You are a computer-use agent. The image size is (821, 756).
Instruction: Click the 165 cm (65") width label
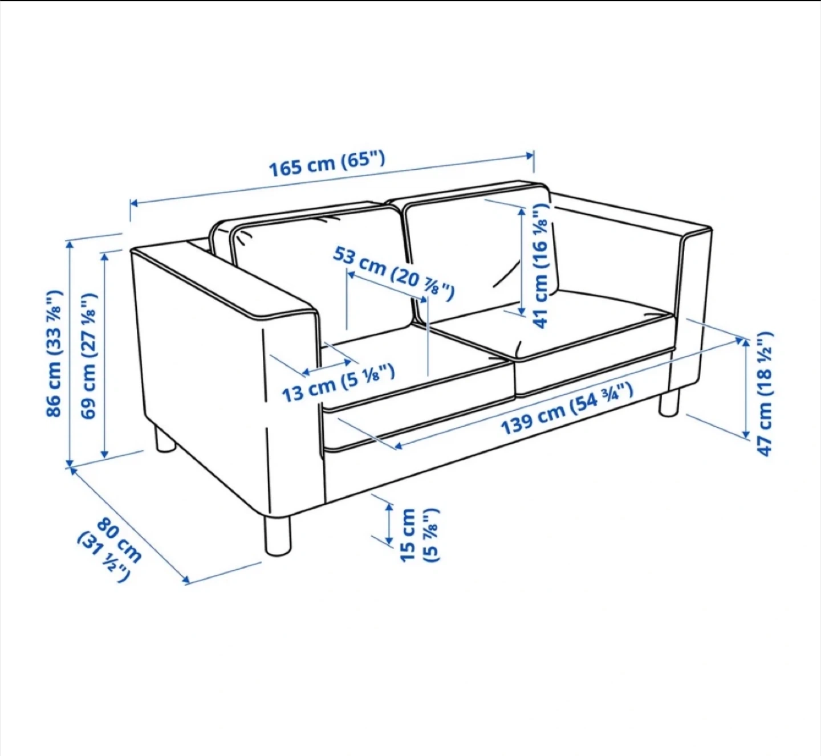pyautogui.click(x=327, y=164)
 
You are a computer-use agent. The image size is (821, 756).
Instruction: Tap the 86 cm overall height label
pyautogui.click(x=54, y=353)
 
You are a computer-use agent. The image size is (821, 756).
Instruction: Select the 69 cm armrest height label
pyautogui.click(x=89, y=355)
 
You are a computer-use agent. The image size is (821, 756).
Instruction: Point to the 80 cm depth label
pyautogui.click(x=119, y=540)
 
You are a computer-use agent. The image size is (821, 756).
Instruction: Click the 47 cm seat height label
pyautogui.click(x=764, y=394)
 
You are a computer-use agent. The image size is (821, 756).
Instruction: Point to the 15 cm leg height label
pyautogui.click(x=420, y=535)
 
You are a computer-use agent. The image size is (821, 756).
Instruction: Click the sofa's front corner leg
pyautogui.click(x=279, y=536)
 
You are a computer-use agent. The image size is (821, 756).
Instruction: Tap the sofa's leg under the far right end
pyautogui.click(x=668, y=403)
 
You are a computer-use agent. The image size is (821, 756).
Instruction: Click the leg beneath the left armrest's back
pyautogui.click(x=165, y=439)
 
